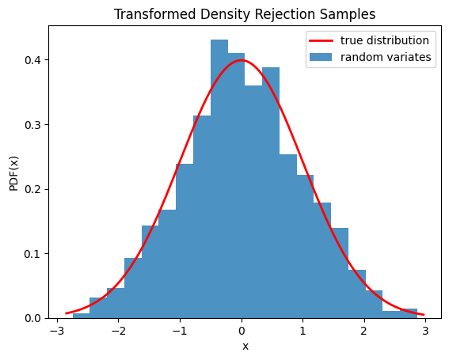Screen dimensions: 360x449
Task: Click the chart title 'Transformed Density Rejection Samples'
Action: [x=245, y=13]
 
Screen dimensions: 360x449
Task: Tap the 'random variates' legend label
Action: [x=386, y=57]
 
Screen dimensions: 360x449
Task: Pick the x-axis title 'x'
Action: [x=245, y=347]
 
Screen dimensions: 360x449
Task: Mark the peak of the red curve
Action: [x=242, y=60]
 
